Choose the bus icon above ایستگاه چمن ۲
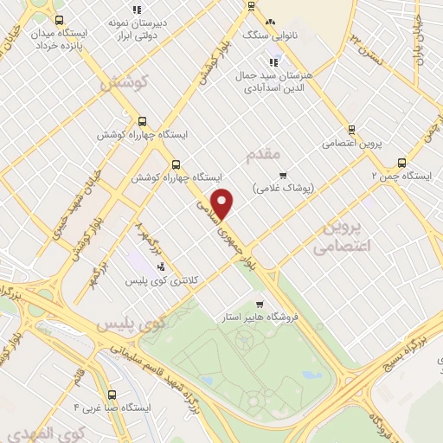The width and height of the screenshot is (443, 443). (401, 162)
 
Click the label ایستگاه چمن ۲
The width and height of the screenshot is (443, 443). (401, 175)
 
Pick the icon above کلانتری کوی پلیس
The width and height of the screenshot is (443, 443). (162, 266)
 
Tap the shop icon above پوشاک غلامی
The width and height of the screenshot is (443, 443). (283, 174)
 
